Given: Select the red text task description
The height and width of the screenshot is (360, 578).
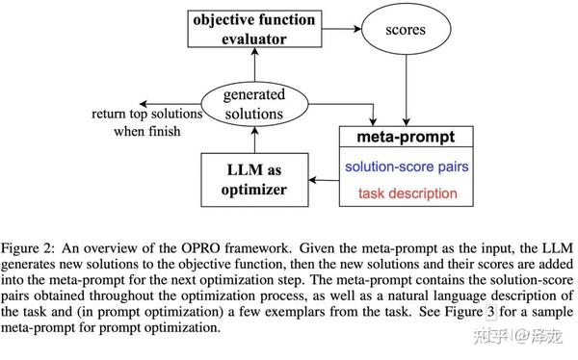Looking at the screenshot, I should tap(407, 193).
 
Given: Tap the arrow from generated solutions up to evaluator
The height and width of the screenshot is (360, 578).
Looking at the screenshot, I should tap(254, 67).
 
